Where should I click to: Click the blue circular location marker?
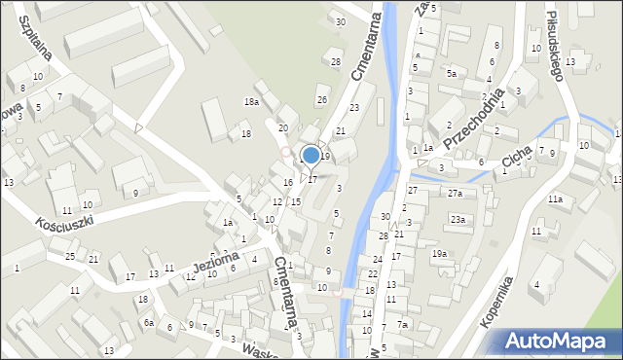pyautogui.click(x=311, y=155)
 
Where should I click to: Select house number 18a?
pyautogui.click(x=252, y=102)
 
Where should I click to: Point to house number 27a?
pyautogui.click(x=455, y=194)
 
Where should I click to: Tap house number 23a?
pyautogui.click(x=458, y=220)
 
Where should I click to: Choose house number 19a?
pyautogui.click(x=440, y=254)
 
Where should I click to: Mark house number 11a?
pyautogui.click(x=555, y=199)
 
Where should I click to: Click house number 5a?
pyautogui.click(x=451, y=74)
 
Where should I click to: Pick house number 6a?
pyautogui.click(x=148, y=322)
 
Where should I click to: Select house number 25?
pyautogui.click(x=70, y=256)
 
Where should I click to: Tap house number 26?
pyautogui.click(x=322, y=100)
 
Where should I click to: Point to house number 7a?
pyautogui.click(x=403, y=324)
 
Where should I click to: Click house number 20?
pyautogui.click(x=282, y=128)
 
